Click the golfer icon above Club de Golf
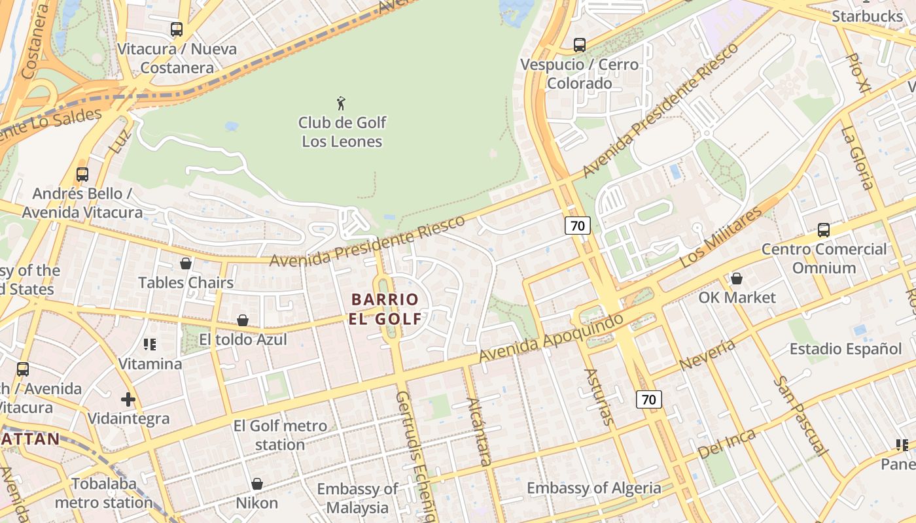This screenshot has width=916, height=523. (x=341, y=103)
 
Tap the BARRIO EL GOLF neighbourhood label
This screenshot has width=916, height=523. (x=385, y=309)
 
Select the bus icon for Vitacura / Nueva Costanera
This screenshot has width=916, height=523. (x=177, y=29)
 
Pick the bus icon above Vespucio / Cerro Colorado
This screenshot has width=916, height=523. (x=580, y=45)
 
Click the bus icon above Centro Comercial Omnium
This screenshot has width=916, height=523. (x=824, y=230)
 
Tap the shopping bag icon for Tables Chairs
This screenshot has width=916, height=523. (x=186, y=263)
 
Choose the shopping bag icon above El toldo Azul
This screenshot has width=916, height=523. (x=243, y=320)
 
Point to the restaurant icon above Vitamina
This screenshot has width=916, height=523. (x=150, y=344)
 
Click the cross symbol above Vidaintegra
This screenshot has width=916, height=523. (x=128, y=399)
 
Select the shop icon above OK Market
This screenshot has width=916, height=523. (x=737, y=278)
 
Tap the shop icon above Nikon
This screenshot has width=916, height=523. (x=257, y=484)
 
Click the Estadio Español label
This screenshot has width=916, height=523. (x=845, y=348)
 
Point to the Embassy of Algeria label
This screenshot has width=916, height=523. (x=593, y=488)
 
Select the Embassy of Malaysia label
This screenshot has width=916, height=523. (x=357, y=498)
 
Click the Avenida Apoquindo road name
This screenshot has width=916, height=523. (x=551, y=338)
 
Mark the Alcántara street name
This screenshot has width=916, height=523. (x=478, y=431)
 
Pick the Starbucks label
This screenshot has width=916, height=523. (x=867, y=16)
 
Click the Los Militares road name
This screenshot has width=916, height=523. (x=721, y=237)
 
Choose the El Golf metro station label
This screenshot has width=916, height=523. (x=280, y=435)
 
